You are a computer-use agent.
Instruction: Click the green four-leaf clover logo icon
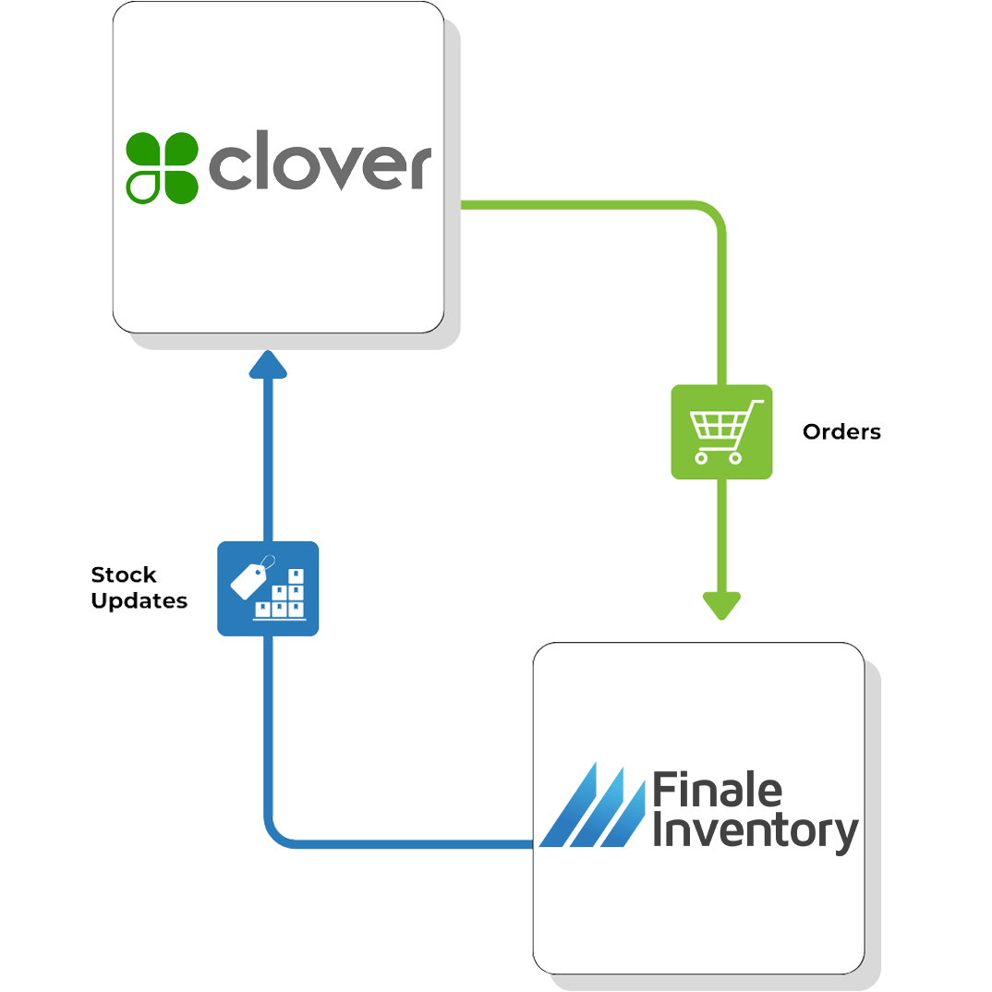click(163, 167)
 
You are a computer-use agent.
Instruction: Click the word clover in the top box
click(320, 167)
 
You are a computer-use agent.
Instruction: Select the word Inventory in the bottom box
click(756, 831)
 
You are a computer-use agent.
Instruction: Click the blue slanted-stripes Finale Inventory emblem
click(592, 805)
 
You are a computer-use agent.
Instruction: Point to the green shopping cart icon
click(721, 431)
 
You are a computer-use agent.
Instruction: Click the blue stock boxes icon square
click(268, 588)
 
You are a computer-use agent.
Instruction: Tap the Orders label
click(841, 431)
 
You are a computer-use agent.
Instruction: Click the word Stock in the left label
click(112, 575)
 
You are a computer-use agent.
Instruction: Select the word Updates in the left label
click(139, 601)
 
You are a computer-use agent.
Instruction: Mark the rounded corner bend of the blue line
click(277, 834)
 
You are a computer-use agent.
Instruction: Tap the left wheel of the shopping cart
click(703, 455)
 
